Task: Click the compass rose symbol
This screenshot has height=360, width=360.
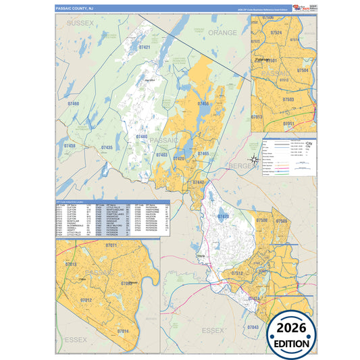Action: [253, 159]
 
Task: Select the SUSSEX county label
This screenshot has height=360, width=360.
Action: [80, 23]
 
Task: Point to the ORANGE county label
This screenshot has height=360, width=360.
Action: [222, 32]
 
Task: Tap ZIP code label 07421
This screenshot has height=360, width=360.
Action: [145, 48]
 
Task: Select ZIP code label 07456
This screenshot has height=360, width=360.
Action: [203, 103]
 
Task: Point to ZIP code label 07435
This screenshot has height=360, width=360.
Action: [107, 147]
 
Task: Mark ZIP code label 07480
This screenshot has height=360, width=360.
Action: [141, 136]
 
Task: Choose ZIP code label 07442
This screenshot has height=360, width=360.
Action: [199, 182]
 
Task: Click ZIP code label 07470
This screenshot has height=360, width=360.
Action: [224, 216]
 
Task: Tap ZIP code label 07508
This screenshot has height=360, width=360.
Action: [261, 221]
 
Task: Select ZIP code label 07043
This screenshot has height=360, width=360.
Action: [253, 327]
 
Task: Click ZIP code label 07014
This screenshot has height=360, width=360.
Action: [122, 331]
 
